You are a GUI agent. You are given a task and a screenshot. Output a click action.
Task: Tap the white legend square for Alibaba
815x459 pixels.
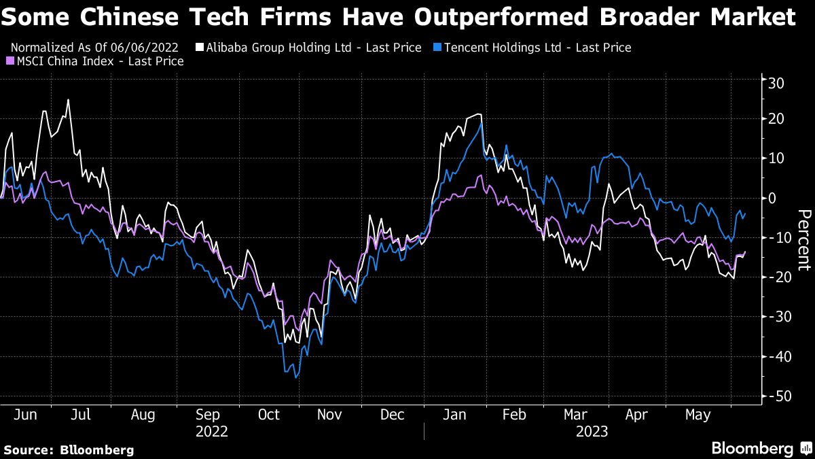[200, 48]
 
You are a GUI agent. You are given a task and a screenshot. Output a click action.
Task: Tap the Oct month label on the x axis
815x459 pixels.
[270, 415]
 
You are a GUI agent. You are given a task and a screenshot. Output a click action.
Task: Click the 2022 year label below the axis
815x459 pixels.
[212, 431]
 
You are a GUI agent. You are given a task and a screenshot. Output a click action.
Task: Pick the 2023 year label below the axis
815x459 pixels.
[592, 431]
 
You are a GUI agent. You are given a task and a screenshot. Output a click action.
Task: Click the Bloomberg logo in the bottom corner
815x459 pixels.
[761, 449]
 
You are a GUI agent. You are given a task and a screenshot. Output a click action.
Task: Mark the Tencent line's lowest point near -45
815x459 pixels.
[296, 377]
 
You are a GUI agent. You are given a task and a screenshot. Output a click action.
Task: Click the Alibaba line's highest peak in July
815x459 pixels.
[68, 100]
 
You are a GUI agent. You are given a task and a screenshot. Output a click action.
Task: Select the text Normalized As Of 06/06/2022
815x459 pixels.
[94, 48]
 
